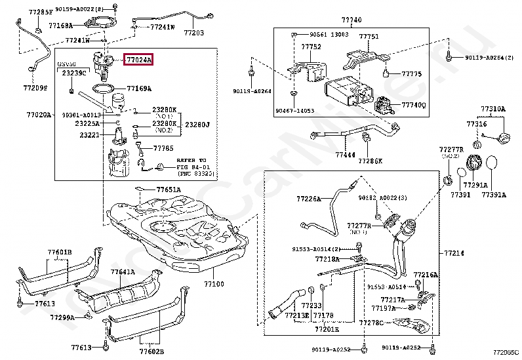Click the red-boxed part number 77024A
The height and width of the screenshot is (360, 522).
139,60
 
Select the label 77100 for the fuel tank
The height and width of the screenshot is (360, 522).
214,285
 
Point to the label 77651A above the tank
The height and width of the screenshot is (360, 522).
168,190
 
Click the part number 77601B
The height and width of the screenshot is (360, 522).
60,252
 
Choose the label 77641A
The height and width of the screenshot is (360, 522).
123,271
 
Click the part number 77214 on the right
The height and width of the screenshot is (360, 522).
454,252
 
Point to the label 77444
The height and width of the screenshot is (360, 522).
344,155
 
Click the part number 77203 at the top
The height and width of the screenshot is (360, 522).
193,32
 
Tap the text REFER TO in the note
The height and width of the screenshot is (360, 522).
191,159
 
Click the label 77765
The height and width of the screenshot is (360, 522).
163,148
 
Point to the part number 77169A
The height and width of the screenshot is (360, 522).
140,88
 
